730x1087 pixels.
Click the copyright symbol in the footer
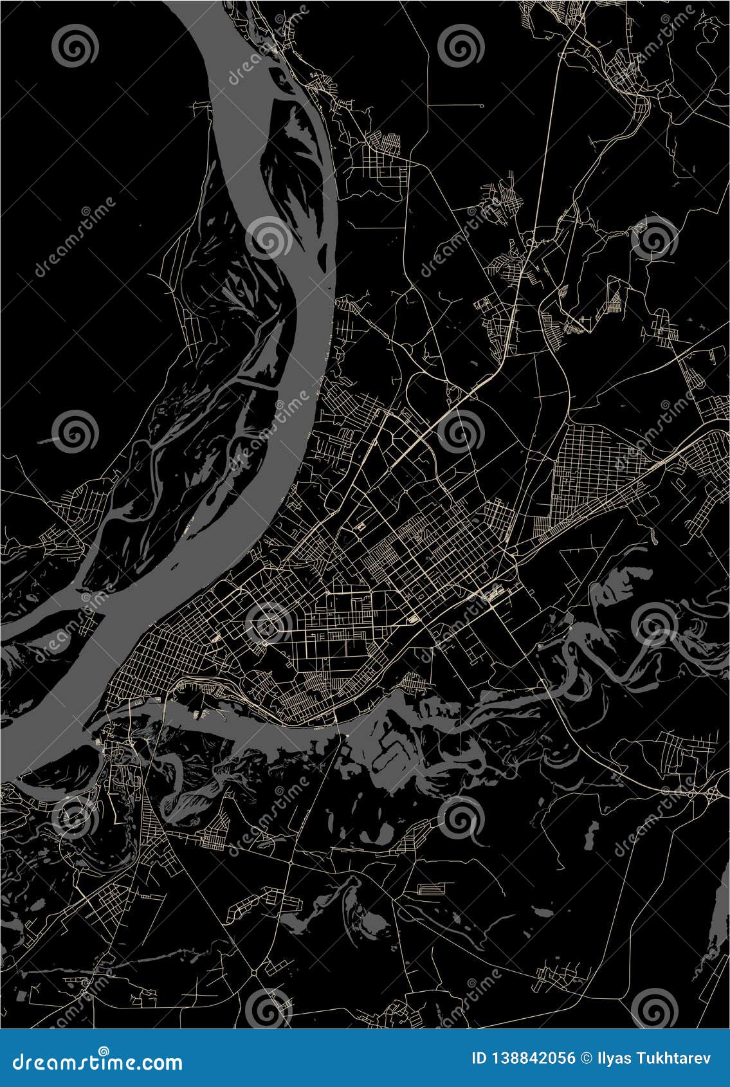pos(585,1059)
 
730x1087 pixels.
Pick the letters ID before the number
pos(479,1059)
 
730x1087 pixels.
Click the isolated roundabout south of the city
pos(255,973)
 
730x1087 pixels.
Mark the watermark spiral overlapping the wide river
pos(268,237)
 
